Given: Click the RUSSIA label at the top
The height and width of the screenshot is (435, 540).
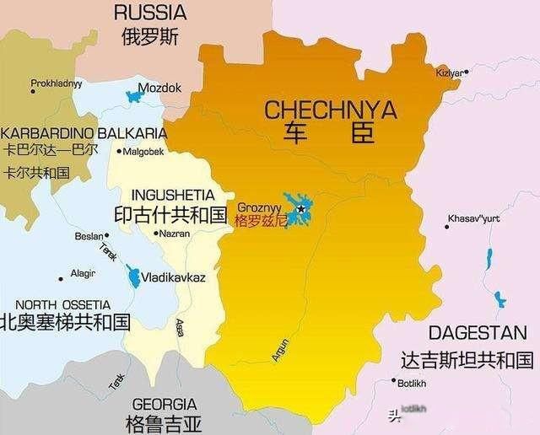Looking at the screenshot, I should pyautogui.click(x=149, y=12).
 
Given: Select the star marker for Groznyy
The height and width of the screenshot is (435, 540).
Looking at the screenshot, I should pyautogui.click(x=300, y=208).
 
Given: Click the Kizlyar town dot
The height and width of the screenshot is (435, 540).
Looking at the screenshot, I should pyautogui.click(x=466, y=72).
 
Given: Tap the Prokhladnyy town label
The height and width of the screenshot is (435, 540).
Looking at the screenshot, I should pyautogui.click(x=57, y=83).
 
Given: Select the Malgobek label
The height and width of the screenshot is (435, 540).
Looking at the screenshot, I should pyautogui.click(x=143, y=153).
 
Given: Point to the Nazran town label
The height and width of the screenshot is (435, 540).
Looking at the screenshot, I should pyautogui.click(x=175, y=234).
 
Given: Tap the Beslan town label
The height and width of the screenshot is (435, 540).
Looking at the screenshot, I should pyautogui.click(x=88, y=237).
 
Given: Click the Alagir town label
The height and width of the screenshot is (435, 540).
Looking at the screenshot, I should pyautogui.click(x=83, y=274).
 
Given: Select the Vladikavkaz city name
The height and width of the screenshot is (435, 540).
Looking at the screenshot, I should pyautogui.click(x=173, y=277).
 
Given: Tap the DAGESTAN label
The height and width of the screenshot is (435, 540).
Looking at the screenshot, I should pyautogui.click(x=477, y=332).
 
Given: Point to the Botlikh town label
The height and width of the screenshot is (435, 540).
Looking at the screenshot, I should pyautogui.click(x=413, y=384).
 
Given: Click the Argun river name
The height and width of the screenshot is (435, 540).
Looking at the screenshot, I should pyautogui.click(x=280, y=350).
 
